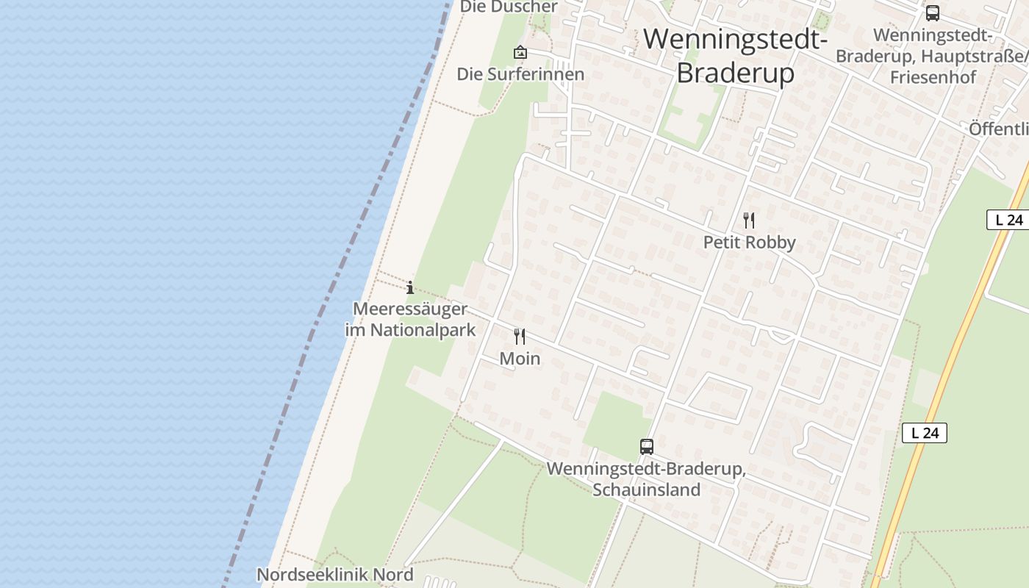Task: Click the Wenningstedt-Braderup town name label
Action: click(736, 56)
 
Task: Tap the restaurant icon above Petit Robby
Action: click(749, 220)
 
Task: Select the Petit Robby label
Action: click(749, 242)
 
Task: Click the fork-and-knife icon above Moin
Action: click(520, 337)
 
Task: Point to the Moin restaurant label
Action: click(520, 359)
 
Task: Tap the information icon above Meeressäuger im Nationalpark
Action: click(410, 287)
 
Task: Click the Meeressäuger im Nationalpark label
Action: click(410, 319)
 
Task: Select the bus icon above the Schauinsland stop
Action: click(647, 446)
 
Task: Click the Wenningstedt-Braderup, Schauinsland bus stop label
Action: click(646, 479)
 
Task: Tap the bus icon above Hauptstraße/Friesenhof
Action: click(932, 13)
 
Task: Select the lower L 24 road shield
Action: click(925, 433)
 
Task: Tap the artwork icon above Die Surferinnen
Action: click(520, 52)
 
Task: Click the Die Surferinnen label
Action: click(520, 74)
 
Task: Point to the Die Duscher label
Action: click(509, 7)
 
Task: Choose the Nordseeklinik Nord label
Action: click(334, 574)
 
